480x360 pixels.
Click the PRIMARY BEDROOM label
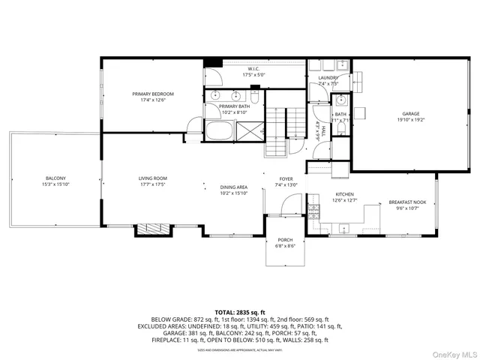[153, 94]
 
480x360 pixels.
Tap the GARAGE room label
[410, 113]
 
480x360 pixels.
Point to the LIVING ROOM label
[152, 178]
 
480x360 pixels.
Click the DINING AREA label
[233, 187]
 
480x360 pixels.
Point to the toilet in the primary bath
[255, 97]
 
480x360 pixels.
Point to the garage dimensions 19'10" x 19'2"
[410, 119]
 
